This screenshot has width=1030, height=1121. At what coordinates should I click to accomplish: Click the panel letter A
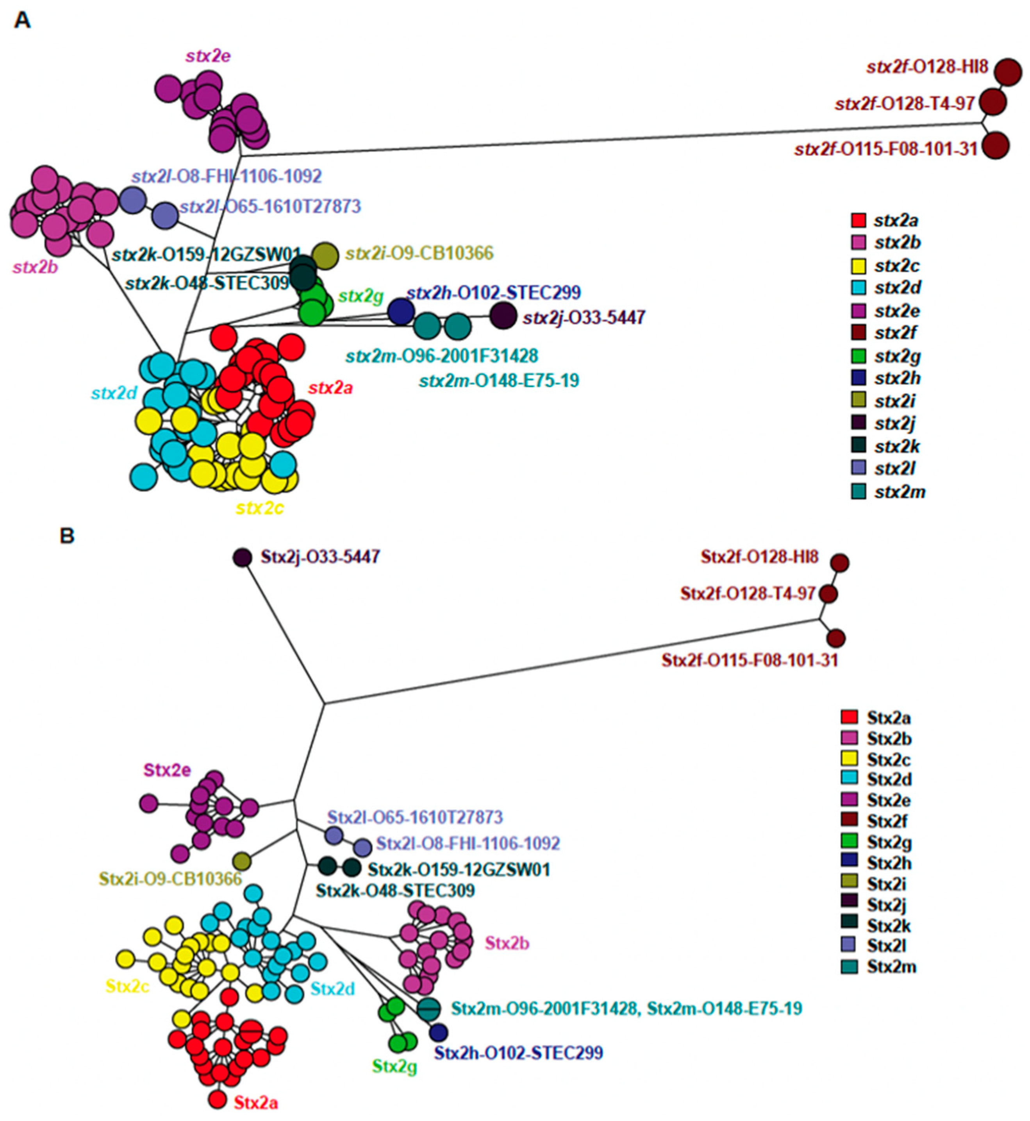click(22, 21)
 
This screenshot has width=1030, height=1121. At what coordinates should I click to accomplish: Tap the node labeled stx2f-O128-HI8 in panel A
click(1008, 72)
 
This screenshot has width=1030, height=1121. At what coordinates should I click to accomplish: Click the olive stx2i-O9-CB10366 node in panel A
click(325, 256)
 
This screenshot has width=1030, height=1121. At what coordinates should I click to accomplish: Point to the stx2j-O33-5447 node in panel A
click(503, 316)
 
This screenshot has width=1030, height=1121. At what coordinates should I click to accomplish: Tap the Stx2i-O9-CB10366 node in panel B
click(242, 861)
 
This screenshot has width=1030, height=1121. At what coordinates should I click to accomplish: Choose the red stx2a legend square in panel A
click(859, 220)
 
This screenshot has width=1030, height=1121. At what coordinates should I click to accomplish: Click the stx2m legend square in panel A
click(859, 492)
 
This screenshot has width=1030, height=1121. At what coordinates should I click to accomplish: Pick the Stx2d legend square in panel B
click(849, 779)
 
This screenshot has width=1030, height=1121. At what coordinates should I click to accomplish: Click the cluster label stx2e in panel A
click(208, 56)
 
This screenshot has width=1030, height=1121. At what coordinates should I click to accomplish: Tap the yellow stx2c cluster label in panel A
click(260, 508)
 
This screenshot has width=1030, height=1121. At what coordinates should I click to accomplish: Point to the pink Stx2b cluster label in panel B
click(507, 943)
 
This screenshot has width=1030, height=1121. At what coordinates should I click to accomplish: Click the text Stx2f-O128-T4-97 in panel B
click(748, 594)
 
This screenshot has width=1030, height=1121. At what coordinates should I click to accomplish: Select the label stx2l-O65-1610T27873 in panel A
click(271, 207)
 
